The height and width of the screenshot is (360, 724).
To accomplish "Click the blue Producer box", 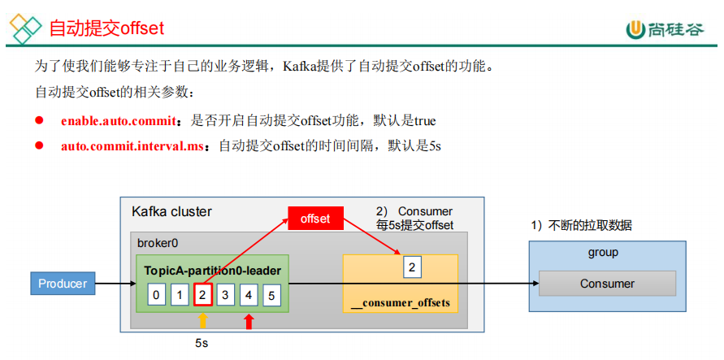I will pos(63,284).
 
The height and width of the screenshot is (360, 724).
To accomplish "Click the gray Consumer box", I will pos(607,284).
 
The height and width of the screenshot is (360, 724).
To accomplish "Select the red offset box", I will pos(315,219).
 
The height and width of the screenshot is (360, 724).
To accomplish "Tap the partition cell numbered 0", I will pos(156,295).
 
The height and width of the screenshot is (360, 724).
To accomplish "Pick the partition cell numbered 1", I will pos(180,295).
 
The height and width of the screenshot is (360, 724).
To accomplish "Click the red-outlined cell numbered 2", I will pos(202,295).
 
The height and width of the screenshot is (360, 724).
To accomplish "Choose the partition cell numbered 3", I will pos(226,295).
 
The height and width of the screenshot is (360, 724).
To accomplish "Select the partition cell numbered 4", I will pos(249,295).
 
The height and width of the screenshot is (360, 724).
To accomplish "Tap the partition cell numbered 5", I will pos(272,295).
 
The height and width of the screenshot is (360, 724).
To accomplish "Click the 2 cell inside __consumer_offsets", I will pos(413,267).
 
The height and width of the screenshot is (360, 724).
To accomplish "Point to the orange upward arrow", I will pos(203,320).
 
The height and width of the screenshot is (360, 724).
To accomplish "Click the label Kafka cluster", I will pos(171,212).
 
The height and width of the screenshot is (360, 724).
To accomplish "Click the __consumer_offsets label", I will pos(400,303).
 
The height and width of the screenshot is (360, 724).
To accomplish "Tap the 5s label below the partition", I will pos(202,343).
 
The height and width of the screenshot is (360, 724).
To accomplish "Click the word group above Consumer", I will pos(603,253).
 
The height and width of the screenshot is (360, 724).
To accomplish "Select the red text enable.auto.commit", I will pos(119,121).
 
